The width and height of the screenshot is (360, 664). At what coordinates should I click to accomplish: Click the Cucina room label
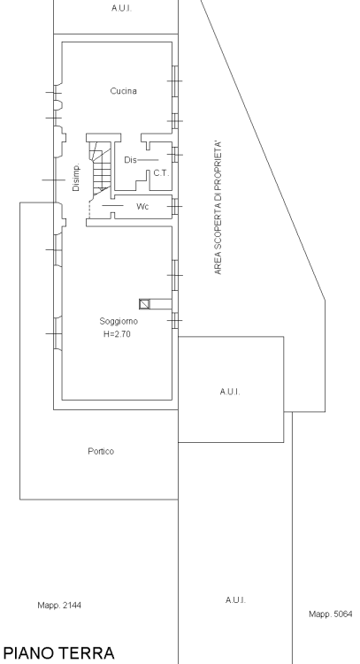point(123,91)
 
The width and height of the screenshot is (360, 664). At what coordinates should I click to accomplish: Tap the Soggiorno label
point(119,322)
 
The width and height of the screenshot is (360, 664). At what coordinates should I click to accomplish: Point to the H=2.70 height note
point(117,334)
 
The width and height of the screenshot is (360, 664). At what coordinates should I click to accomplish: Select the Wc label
point(142,207)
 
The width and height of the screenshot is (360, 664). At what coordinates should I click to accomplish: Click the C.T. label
point(161,173)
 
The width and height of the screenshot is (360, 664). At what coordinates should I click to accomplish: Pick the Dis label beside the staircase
point(130,160)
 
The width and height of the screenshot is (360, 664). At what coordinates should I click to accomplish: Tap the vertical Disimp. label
point(76,177)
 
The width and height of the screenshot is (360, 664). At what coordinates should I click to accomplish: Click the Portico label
point(101,452)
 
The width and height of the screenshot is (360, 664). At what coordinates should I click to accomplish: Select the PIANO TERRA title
point(58,653)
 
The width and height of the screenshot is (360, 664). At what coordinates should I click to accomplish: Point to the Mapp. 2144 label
point(59,606)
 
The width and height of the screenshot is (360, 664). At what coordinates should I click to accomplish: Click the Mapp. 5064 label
point(330,614)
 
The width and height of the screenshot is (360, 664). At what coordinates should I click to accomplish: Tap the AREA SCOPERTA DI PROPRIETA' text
point(218,208)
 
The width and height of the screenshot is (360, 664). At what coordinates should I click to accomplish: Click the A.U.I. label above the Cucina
point(121,8)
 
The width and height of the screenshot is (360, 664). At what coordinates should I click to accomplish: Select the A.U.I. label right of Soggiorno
point(230,393)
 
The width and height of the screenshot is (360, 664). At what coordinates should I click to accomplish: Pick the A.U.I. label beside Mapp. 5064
point(235,600)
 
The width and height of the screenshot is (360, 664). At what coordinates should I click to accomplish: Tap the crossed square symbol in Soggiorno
point(144,304)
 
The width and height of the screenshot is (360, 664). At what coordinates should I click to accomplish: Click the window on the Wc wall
point(175,207)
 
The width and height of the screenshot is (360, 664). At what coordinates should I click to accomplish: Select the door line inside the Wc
point(112,205)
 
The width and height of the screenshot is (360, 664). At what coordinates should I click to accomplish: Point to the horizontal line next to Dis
point(148,160)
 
